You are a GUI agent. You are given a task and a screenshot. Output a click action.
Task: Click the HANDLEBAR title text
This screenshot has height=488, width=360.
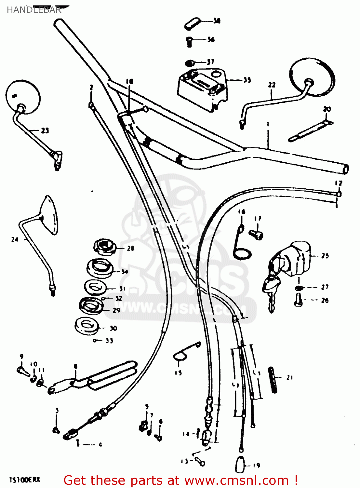pos(34,10)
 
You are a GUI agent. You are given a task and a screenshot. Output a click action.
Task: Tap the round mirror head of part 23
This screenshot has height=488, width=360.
pos(23,97)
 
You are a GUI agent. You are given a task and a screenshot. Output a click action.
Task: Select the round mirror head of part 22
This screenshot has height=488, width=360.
pos(312,77)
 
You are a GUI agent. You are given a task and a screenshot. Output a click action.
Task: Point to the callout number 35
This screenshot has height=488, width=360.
pos(247,80)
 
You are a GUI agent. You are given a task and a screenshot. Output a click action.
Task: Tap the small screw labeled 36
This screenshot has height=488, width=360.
pos(189,41)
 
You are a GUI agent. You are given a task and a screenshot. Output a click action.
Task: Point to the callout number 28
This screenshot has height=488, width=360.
pos(131,249)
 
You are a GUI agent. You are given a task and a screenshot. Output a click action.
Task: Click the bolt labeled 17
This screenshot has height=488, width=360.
pos(256,234)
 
